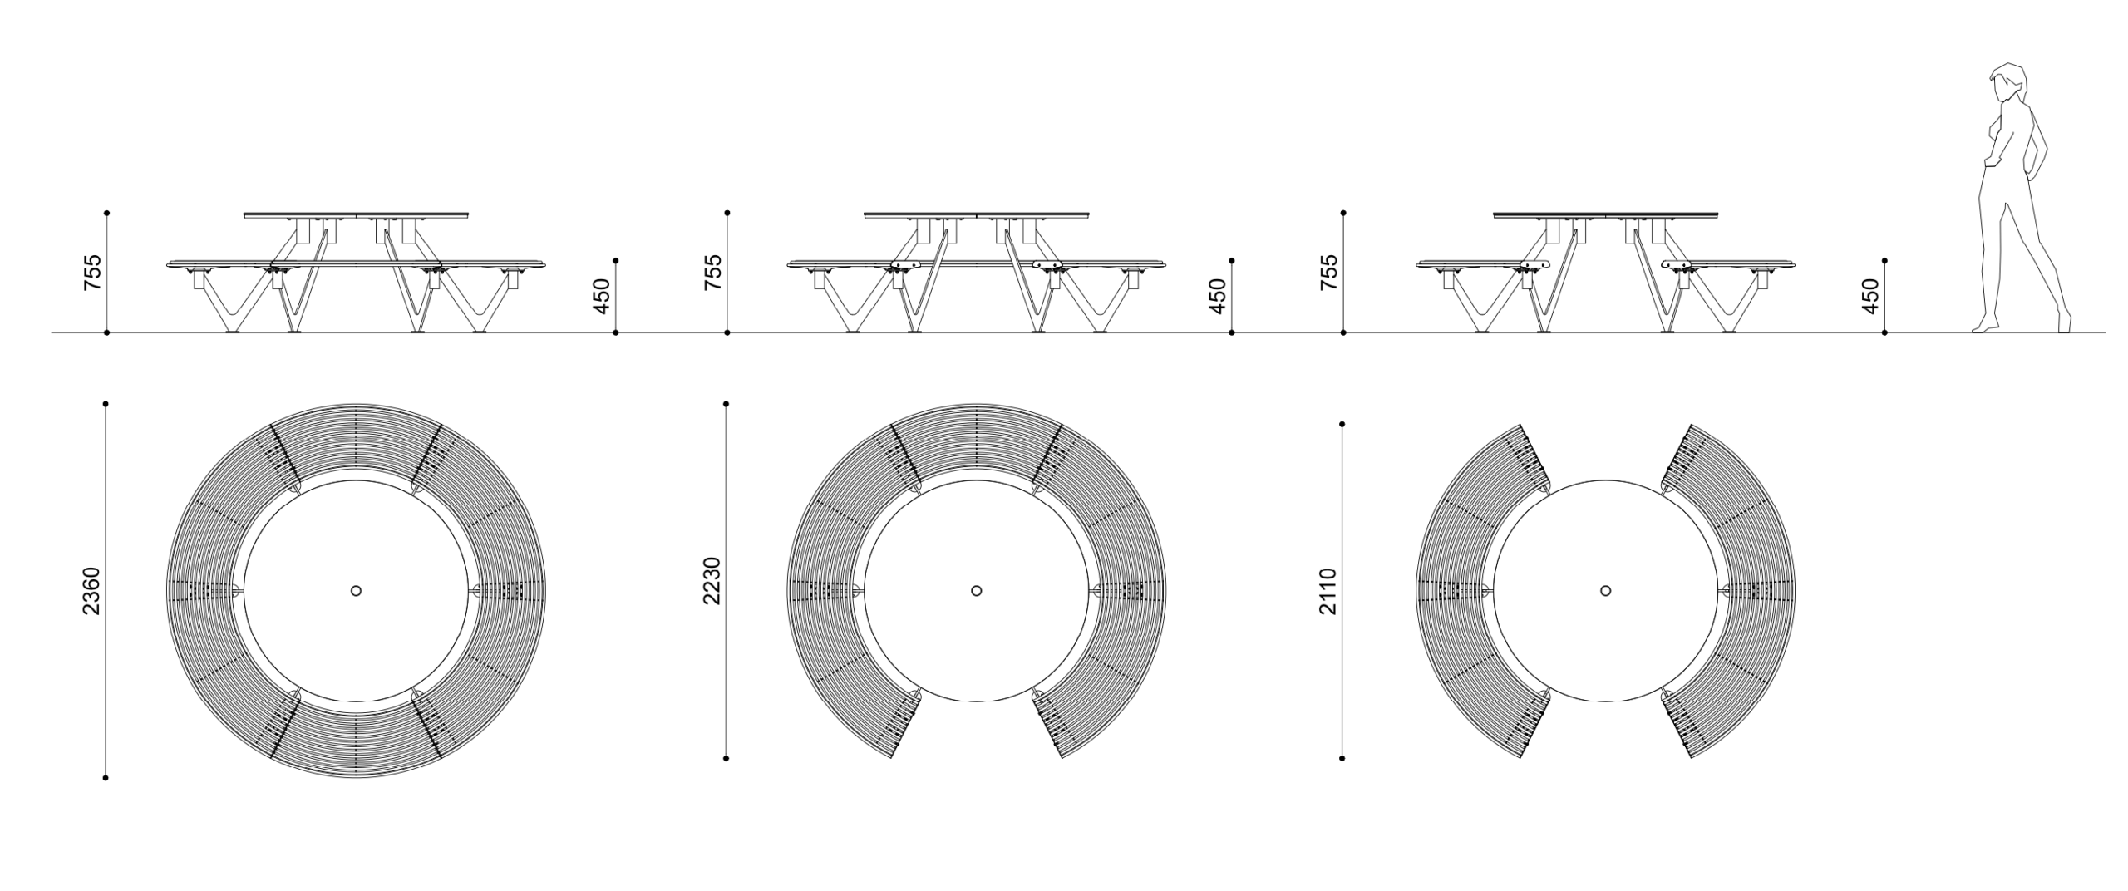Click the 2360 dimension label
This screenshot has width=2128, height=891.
coord(91,591)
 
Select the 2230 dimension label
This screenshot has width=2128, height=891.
coord(712,581)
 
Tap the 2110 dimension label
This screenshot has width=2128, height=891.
coord(1328,591)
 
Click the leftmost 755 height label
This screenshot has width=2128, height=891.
coord(93,273)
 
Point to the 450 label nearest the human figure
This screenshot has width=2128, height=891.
coord(1871,296)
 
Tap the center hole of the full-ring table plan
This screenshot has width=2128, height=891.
coord(357,591)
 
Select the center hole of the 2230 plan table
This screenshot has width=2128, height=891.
coord(977,591)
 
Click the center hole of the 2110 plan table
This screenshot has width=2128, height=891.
coord(1606,591)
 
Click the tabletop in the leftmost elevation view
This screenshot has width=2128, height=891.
coord(357,216)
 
